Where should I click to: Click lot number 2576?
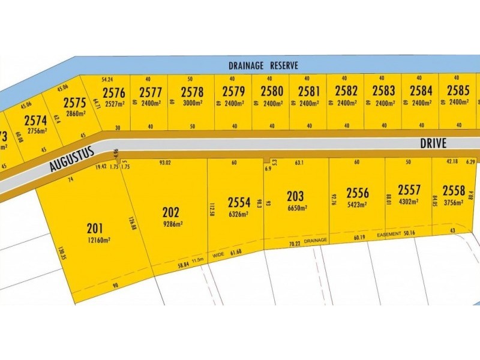coord(114,92)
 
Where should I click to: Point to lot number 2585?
coord(458,92)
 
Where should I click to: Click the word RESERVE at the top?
coord(281,65)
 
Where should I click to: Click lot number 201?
coord(94,229)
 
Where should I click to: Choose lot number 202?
coord(171,212)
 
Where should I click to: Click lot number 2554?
coord(238,201)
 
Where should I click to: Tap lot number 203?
coord(295,196)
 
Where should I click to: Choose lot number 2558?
coord(454,191)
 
